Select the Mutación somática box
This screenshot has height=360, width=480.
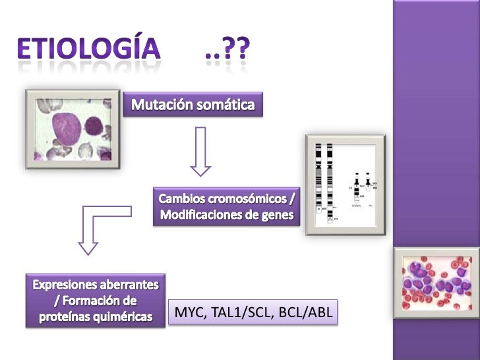(x=193, y=105)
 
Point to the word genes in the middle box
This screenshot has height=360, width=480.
(x=278, y=215)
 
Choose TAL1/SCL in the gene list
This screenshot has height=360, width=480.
(x=243, y=313)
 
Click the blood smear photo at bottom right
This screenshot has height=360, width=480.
(x=436, y=279)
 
